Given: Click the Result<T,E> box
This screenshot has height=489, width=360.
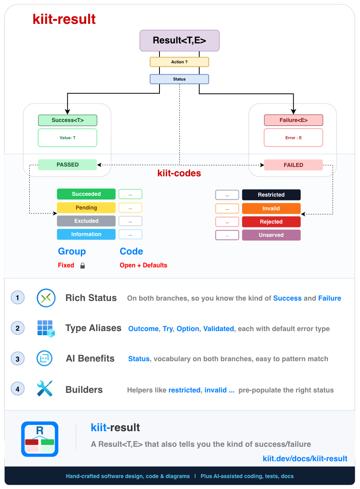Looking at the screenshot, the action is [179, 41].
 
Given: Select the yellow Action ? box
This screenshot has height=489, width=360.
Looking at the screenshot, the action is [179, 62].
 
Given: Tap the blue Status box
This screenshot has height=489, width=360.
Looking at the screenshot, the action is [179, 79].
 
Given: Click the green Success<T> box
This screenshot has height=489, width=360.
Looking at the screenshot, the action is [68, 120].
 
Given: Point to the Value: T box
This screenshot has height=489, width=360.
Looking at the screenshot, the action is [68, 138].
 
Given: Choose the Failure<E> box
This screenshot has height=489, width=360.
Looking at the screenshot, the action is [294, 120].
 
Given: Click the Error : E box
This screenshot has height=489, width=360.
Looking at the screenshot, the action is [293, 138].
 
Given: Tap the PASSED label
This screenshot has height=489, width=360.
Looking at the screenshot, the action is [68, 165].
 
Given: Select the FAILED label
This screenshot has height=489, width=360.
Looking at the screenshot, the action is [293, 165].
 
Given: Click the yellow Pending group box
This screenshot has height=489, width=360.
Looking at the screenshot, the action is [86, 208].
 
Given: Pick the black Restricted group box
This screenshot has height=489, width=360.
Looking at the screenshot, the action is [271, 195].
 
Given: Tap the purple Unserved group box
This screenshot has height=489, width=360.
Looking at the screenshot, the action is [271, 235].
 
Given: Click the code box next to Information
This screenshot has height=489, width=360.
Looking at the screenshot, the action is [130, 235].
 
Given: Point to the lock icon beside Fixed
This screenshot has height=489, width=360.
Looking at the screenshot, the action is [82, 265].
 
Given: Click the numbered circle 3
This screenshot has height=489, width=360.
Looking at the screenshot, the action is [18, 358].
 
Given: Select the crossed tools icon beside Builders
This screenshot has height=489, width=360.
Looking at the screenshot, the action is [45, 389].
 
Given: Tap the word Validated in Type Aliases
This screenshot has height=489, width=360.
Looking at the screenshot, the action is [219, 329].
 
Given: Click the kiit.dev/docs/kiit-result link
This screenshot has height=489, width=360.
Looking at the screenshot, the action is [305, 459].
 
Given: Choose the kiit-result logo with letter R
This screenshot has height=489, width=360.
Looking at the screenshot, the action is [40, 439].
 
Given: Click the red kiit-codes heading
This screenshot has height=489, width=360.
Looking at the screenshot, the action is [179, 173].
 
